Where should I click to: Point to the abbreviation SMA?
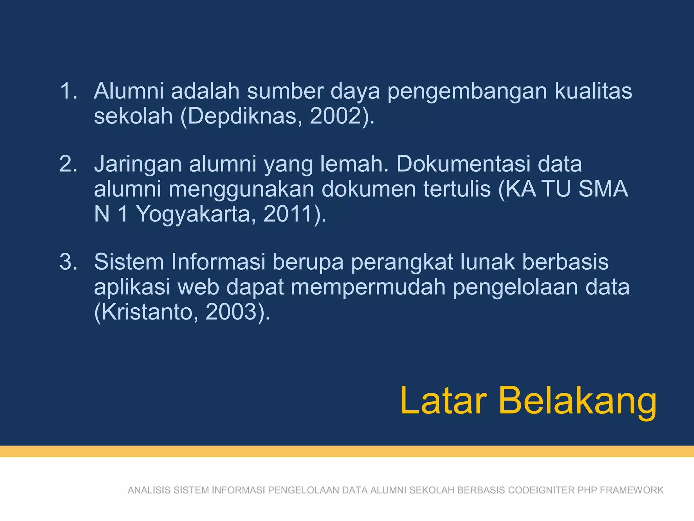coord(603,189)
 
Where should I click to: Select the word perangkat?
coord(402,263)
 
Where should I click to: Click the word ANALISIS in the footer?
coord(149,490)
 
